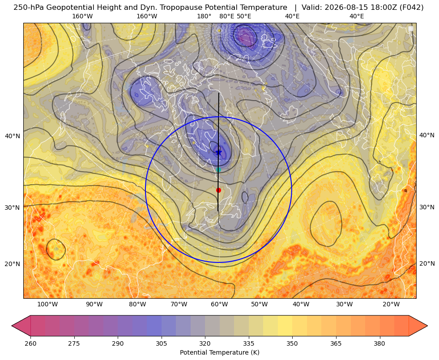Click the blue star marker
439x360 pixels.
[219, 152]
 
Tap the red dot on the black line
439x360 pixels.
[219, 190]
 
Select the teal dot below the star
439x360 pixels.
[219, 169]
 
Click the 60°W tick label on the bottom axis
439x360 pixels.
[219, 304]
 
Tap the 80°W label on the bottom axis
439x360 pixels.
[137, 304]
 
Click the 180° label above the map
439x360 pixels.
[204, 16]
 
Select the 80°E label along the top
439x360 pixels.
[227, 16]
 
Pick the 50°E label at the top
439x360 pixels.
[244, 16]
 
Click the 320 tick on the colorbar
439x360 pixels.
[205, 343]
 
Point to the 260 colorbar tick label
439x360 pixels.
[30, 343]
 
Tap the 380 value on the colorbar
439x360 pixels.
[379, 343]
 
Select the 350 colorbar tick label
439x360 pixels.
[292, 343]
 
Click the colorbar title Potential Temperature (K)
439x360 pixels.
[219, 352]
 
